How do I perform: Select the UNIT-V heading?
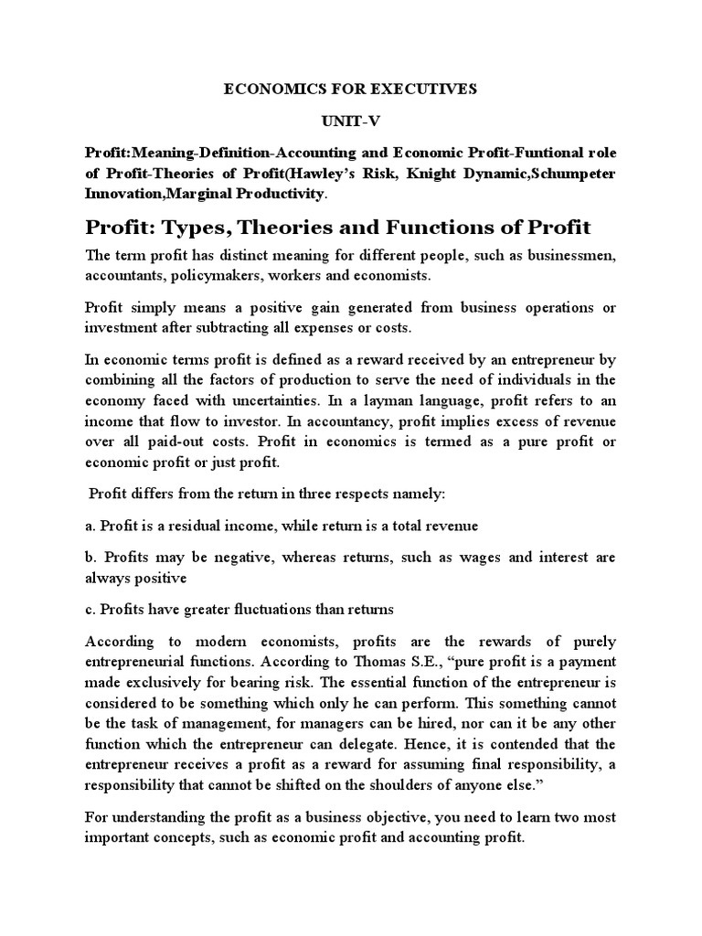click(x=350, y=121)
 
